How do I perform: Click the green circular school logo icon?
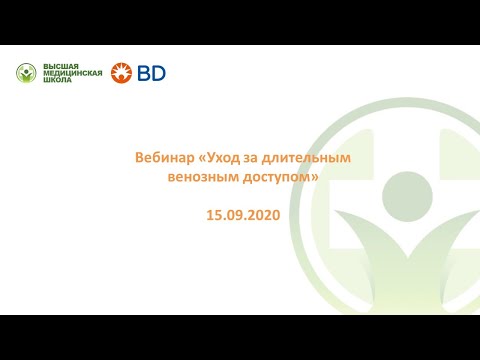click(x=27, y=73)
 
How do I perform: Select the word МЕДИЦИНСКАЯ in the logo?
click(x=72, y=73)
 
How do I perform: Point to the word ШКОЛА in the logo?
click(x=55, y=81)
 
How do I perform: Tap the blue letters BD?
click(x=151, y=72)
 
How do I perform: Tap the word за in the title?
click(x=257, y=158)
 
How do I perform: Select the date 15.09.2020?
click(x=239, y=213)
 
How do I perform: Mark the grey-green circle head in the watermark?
click(x=406, y=192)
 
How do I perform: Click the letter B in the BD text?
click(x=144, y=72)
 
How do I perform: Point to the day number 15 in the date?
click(x=213, y=213)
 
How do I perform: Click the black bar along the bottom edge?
click(x=240, y=337)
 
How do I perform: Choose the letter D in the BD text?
click(x=158, y=72)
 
